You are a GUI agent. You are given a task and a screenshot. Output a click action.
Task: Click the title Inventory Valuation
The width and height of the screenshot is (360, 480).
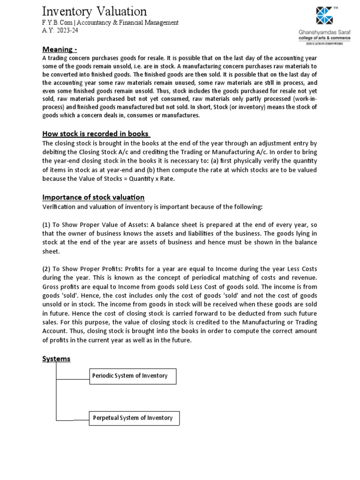coord(95,11)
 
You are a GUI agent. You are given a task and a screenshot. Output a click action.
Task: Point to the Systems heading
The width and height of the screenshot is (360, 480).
coord(56,359)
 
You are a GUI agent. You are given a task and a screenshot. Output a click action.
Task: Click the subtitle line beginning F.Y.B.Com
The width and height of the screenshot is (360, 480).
coord(110,22)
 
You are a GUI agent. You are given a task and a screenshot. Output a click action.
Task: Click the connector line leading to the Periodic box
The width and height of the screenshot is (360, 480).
coord(73,377)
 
